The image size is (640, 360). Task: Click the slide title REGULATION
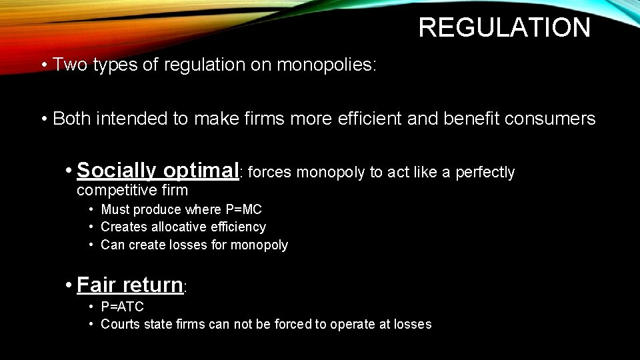(x=504, y=28)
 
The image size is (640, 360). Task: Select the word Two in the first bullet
(x=67, y=65)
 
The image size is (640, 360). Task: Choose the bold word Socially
(x=117, y=171)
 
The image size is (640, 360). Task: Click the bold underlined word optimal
(x=200, y=171)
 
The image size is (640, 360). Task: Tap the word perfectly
(x=485, y=173)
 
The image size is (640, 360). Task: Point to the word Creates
(x=121, y=227)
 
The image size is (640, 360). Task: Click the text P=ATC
(x=122, y=307)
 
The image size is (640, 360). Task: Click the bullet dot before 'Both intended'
(x=43, y=119)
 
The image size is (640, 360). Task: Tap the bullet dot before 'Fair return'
(x=69, y=285)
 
